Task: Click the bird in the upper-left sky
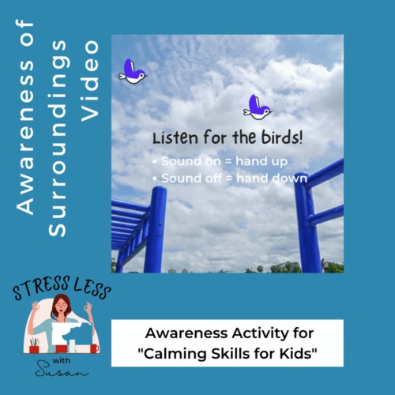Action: [132, 72]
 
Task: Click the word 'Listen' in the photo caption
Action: [175, 137]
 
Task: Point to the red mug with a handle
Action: [93, 347]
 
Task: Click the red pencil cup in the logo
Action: [36, 348]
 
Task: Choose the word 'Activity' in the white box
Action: [263, 333]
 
